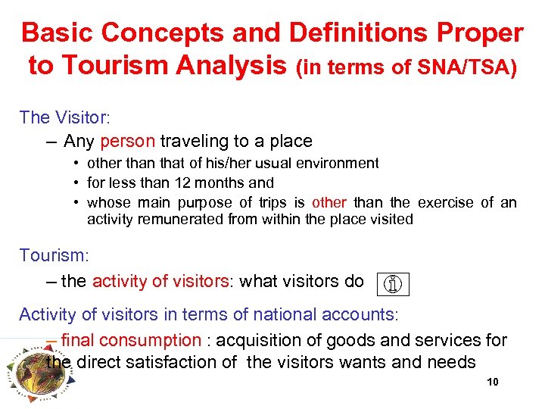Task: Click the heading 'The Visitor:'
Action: pyautogui.click(x=65, y=117)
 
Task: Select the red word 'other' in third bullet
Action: pyautogui.click(x=329, y=202)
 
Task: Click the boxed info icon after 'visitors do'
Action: pyautogui.click(x=392, y=284)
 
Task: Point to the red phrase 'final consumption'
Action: pyautogui.click(x=131, y=341)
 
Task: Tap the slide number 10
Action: pyautogui.click(x=492, y=382)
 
